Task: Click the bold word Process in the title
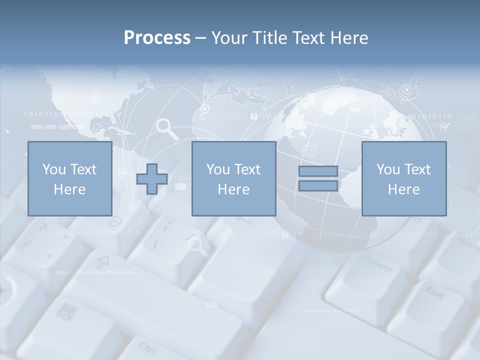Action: click(x=157, y=38)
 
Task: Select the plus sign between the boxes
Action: click(x=152, y=179)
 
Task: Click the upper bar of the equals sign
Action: click(x=318, y=171)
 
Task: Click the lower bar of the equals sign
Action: click(x=318, y=186)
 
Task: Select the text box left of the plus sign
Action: click(x=69, y=179)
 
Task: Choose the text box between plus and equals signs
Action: click(x=233, y=179)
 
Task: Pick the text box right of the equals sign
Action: click(x=403, y=179)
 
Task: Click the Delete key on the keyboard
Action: click(x=378, y=263)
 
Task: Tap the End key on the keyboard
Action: click(x=434, y=292)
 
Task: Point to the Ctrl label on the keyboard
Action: click(x=147, y=347)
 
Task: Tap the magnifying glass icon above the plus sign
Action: click(x=167, y=129)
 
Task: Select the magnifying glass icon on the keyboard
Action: click(x=196, y=244)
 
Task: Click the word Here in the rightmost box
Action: click(x=403, y=189)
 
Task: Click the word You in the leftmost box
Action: click(x=53, y=169)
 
